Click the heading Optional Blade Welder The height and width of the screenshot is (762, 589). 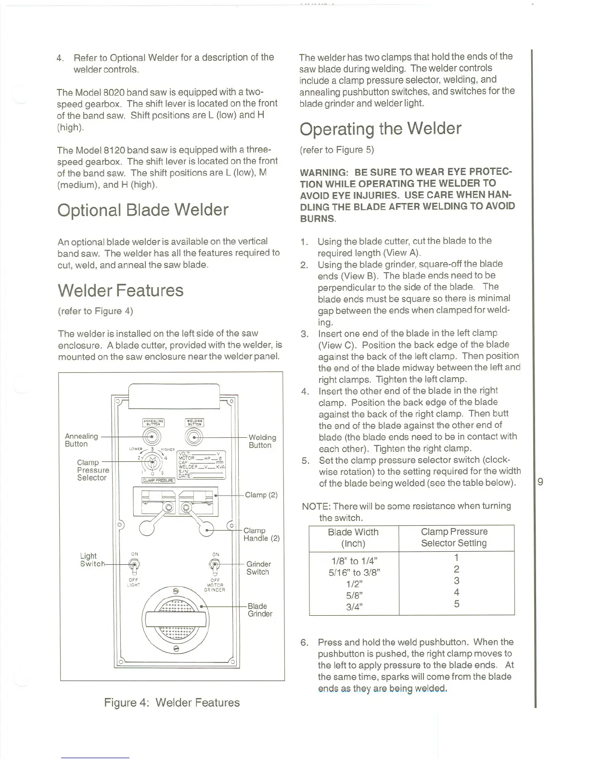coord(142,210)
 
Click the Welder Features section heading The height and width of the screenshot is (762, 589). coord(120,291)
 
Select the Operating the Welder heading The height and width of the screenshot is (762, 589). coord(380,129)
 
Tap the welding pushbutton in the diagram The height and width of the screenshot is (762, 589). coord(194,437)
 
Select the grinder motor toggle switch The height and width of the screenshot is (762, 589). coord(215,566)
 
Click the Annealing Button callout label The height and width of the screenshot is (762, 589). coord(81,440)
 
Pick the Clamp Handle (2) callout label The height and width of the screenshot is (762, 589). coord(261,534)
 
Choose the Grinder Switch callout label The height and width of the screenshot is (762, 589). coord(258,568)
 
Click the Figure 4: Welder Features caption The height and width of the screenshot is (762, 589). coord(172,702)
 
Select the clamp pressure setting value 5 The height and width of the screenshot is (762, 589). coord(456,604)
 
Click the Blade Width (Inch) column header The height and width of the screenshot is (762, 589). coord(353,537)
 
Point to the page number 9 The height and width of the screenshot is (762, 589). coord(540,481)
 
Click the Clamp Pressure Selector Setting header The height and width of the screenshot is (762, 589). coord(454,537)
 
